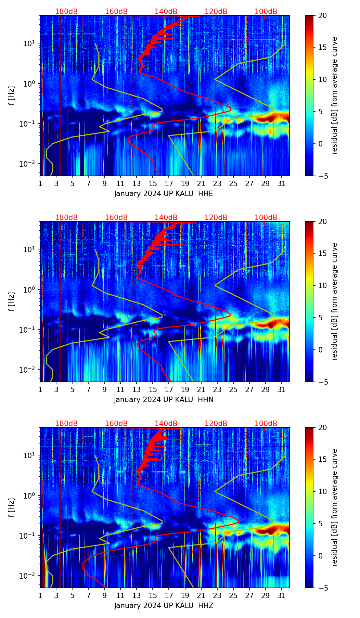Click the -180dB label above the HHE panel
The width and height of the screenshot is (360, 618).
point(65,12)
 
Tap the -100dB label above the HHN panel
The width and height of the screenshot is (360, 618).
point(265,218)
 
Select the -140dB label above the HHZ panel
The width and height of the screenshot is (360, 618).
point(165,424)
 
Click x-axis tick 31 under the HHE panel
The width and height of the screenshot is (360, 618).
point(281,183)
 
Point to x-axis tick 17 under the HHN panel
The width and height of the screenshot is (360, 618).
point(169,389)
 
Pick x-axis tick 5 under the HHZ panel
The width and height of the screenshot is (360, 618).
point(72,595)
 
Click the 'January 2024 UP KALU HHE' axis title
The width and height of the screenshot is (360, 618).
point(164,194)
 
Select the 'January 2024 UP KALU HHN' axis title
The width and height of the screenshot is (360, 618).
point(164,400)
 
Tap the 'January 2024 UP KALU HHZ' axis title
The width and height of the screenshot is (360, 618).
point(164,606)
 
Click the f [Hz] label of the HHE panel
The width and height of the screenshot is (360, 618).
point(11,96)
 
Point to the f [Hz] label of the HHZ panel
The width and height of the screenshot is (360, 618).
point(11,508)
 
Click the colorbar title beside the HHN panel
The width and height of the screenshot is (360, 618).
point(335,301)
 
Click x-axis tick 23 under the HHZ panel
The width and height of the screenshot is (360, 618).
point(217,595)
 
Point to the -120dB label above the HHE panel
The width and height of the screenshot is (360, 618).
point(215,12)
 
